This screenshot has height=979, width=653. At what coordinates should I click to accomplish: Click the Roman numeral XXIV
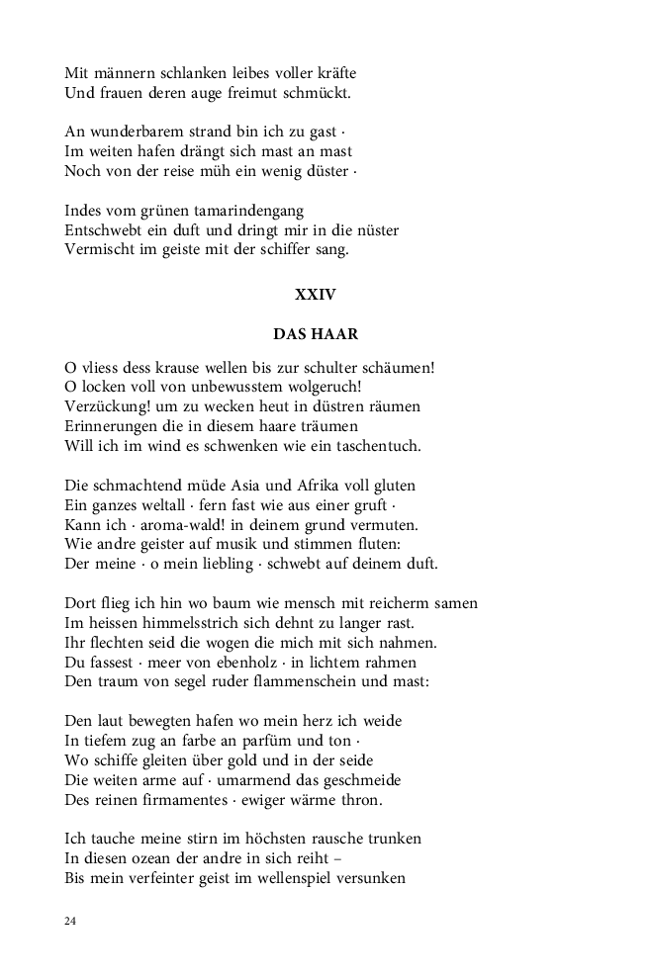click(316, 294)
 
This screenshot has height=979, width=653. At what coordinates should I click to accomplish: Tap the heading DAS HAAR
click(316, 334)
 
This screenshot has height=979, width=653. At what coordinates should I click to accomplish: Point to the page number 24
click(70, 921)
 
